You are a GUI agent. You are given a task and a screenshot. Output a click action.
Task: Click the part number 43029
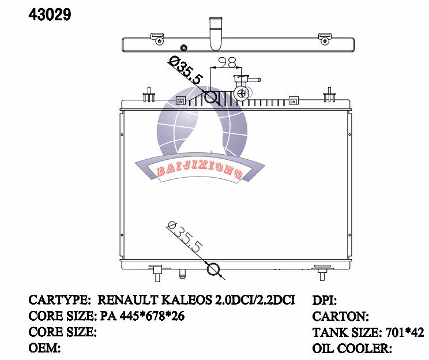pos(50,15)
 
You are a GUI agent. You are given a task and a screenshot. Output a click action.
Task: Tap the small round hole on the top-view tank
pos(184,47)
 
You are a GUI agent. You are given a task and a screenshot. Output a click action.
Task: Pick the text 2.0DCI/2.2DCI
pos(255,301)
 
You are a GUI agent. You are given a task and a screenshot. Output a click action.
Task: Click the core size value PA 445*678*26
pos(142,317)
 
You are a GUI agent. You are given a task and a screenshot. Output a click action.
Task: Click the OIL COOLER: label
pos(352,348)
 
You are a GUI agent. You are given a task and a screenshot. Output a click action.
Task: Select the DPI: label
pos(324,301)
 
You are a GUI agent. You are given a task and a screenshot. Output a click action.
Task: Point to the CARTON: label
pos(340,317)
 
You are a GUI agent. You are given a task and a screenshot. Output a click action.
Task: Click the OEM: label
pos(45,348)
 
